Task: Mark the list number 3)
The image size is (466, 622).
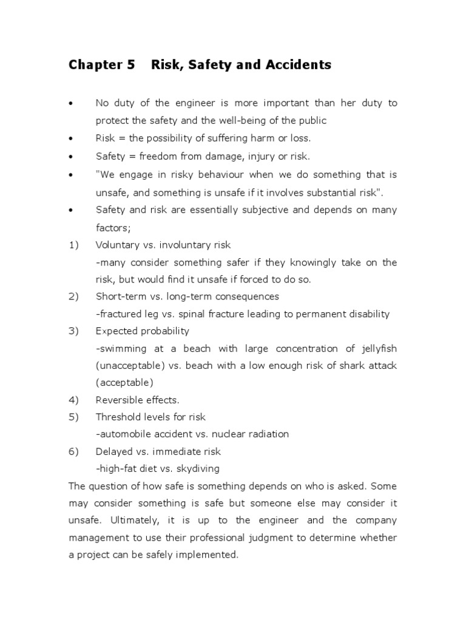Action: click(74, 331)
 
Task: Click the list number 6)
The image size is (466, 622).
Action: click(74, 451)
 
